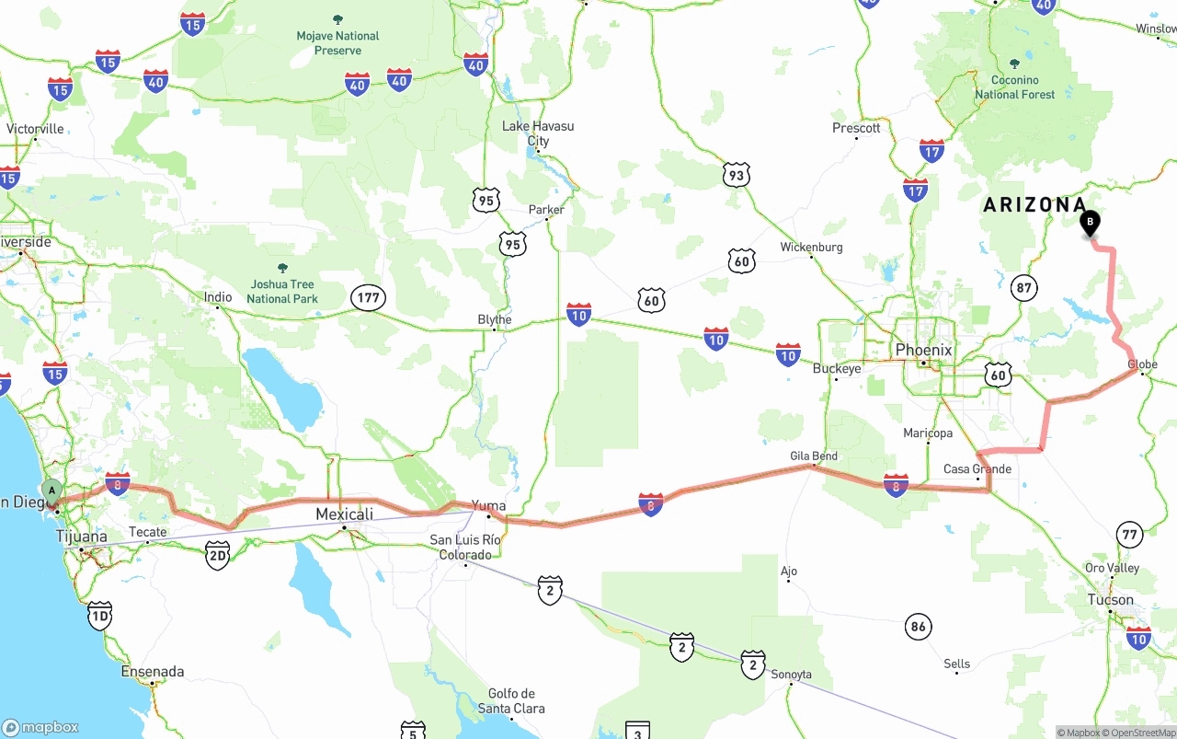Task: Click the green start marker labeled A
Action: click(x=52, y=490)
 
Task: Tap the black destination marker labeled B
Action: click(x=1090, y=222)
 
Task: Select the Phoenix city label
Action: click(x=923, y=350)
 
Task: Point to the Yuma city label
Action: click(x=488, y=504)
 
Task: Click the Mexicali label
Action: click(x=344, y=514)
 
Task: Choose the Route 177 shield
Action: click(x=368, y=297)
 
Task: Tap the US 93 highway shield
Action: click(x=736, y=175)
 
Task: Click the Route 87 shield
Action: click(x=1023, y=287)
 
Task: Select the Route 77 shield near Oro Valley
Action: click(x=1129, y=534)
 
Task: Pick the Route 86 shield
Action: click(x=918, y=628)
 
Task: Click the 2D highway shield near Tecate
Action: click(x=217, y=555)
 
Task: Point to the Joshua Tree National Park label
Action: click(x=282, y=291)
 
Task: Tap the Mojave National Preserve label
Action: click(x=337, y=43)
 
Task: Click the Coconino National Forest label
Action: click(x=1015, y=87)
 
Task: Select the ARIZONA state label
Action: click(x=1034, y=205)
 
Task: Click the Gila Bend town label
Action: click(x=814, y=456)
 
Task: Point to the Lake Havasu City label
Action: click(x=538, y=133)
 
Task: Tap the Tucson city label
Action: click(x=1111, y=600)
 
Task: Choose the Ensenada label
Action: click(x=153, y=672)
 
